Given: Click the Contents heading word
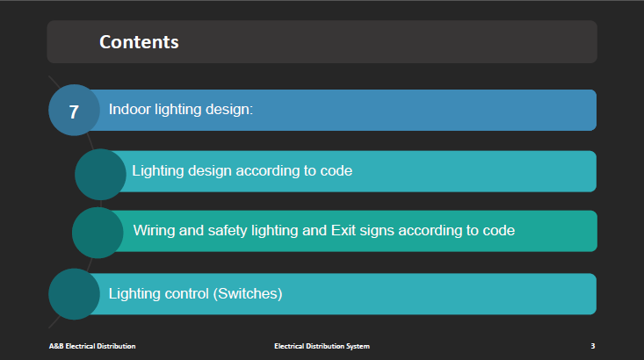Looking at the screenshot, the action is (x=139, y=42).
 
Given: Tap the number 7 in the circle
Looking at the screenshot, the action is (x=74, y=112).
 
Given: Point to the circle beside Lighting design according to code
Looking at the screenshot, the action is (x=100, y=175).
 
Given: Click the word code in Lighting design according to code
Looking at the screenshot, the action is (x=336, y=170).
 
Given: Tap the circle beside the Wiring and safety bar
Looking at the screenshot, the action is (x=98, y=233).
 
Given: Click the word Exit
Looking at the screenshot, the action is (x=344, y=231).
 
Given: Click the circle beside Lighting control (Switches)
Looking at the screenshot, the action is (x=75, y=294).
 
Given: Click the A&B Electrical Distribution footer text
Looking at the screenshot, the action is (x=92, y=346).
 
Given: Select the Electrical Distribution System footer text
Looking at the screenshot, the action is (x=322, y=346).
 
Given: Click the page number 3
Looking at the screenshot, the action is (x=593, y=346).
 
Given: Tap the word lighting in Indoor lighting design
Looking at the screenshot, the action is (x=178, y=110).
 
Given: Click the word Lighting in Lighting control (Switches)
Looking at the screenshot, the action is (x=134, y=294).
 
